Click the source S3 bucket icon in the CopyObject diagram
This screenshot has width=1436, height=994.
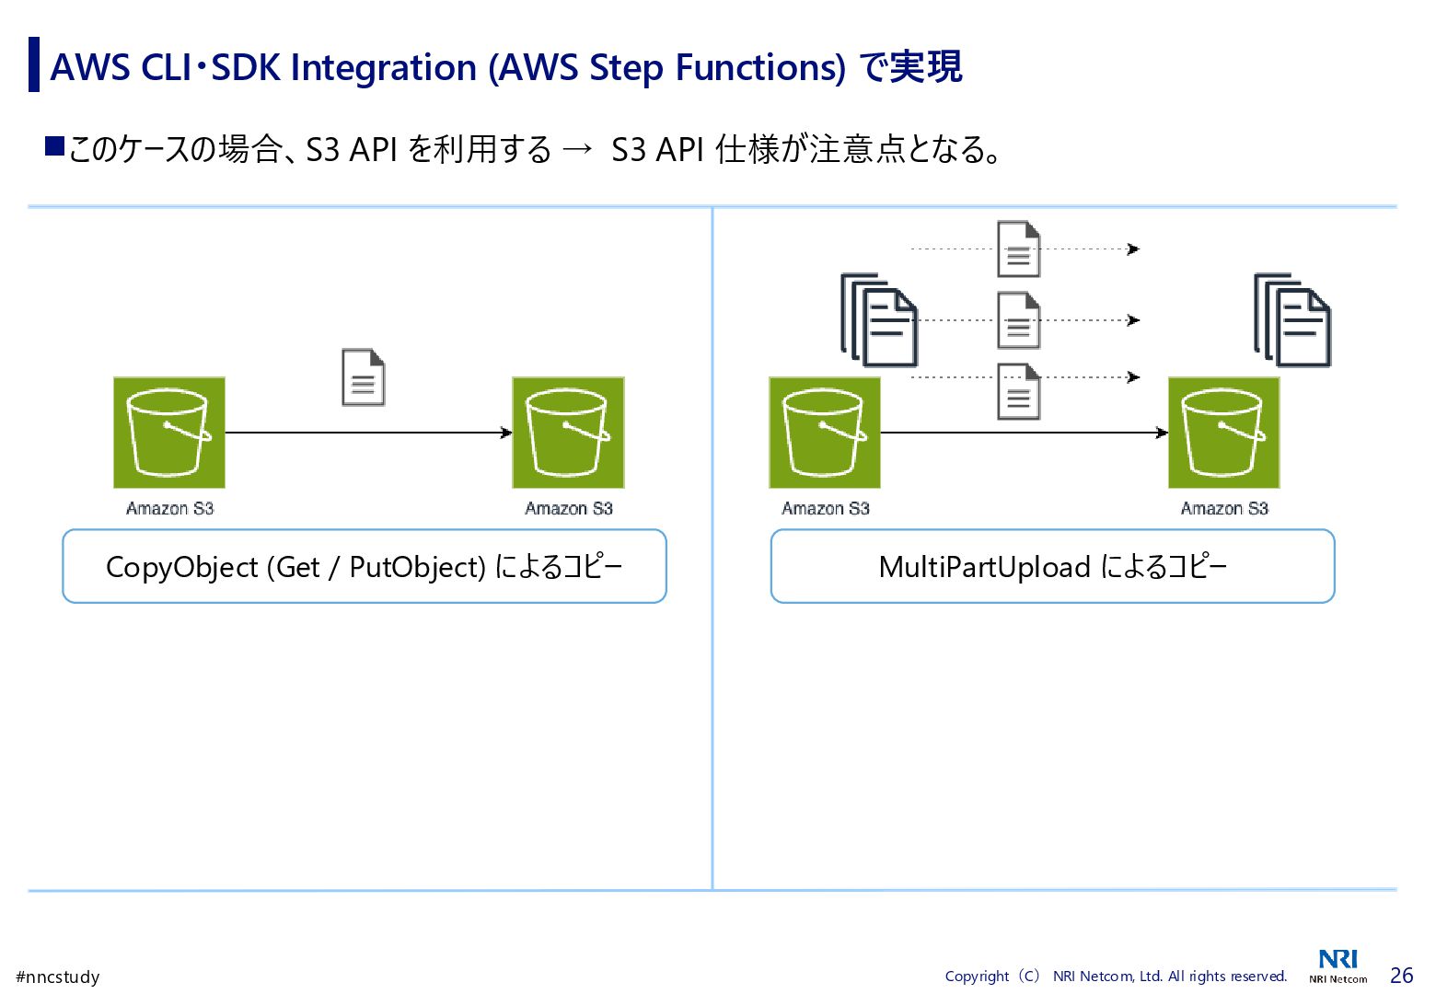169,433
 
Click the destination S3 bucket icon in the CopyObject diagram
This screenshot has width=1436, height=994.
568,433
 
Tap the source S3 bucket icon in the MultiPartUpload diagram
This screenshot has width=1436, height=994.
825,433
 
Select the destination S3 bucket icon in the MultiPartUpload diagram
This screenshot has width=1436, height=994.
1223,433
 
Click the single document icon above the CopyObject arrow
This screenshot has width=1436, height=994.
364,377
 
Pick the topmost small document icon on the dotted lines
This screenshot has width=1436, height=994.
1019,248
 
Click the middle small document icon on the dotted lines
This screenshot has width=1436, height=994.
1019,320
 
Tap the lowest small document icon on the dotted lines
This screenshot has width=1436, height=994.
1019,392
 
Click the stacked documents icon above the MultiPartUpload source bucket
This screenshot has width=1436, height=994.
879,319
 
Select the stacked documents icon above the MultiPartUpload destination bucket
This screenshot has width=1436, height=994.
1292,319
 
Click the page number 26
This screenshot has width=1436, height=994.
1401,976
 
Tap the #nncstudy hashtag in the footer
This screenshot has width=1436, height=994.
58,977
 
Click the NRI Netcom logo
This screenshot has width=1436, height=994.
1338,965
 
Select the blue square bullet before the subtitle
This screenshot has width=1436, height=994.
54,145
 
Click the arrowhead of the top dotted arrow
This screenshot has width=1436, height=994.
1134,248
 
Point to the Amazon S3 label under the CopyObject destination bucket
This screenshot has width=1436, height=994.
569,508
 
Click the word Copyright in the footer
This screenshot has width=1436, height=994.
977,977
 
